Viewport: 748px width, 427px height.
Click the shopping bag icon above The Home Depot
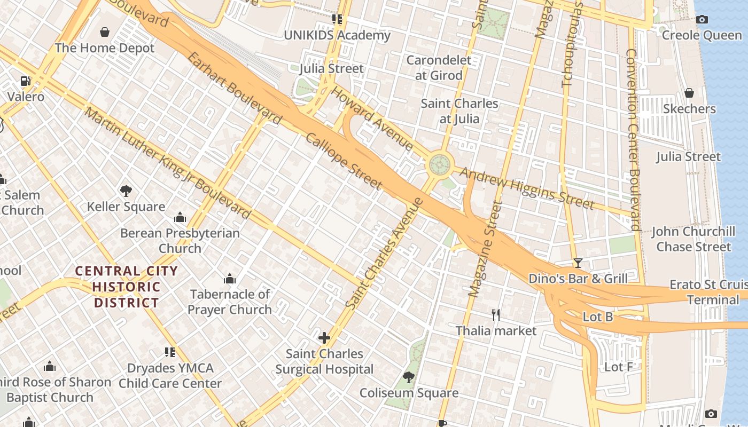coord(105,32)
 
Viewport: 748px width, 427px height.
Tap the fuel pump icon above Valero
coord(25,81)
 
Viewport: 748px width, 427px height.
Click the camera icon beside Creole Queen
coord(702,20)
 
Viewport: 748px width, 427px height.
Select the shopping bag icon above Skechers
coord(689,93)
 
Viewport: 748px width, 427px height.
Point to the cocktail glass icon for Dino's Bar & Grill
coord(578,263)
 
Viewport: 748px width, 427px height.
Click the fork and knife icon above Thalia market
coord(496,315)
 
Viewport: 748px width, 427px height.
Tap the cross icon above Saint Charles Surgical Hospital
coord(324,338)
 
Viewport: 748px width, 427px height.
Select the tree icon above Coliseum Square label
coord(409,377)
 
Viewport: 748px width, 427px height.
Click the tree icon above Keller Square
coord(126,191)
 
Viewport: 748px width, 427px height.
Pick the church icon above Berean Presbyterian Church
coord(180,217)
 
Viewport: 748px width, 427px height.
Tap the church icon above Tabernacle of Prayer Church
coord(230,279)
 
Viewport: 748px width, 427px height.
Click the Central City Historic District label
coord(127,287)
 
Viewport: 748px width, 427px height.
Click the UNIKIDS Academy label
coord(337,35)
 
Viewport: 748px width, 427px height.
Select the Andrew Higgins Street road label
coord(526,188)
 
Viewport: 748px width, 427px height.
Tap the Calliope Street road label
coord(344,161)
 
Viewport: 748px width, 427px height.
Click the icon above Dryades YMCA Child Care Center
coord(170,352)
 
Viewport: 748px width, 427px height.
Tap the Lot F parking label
coord(618,367)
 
